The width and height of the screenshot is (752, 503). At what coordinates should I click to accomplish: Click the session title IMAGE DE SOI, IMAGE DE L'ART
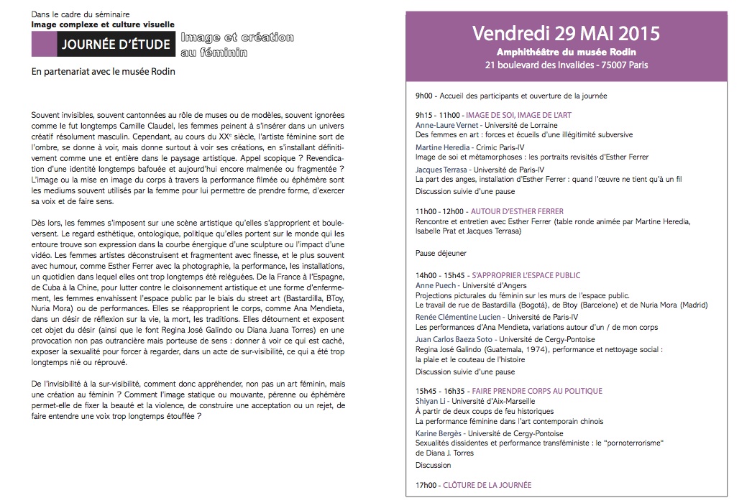518,115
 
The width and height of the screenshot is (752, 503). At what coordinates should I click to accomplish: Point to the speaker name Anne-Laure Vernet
440,124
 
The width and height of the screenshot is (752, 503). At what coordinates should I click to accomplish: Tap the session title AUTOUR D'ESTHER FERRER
516,212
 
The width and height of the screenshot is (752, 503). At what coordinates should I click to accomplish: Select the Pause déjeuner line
441,253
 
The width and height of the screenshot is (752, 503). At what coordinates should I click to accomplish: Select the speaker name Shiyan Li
428,401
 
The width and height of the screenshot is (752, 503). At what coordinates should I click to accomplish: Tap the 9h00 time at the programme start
425,95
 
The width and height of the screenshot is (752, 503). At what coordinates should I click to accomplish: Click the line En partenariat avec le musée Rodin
104,71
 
